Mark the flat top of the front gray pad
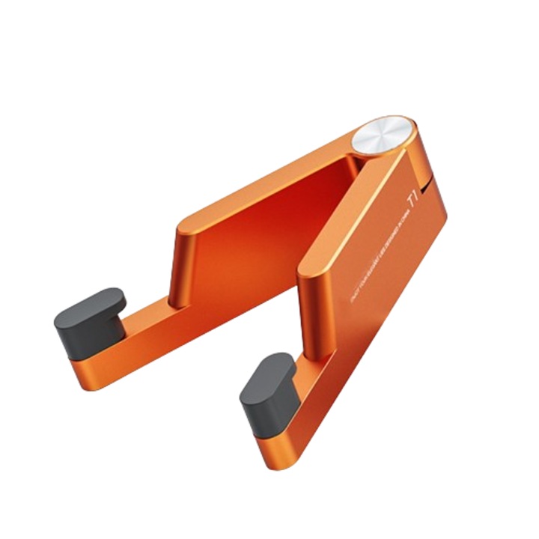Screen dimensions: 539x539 269,372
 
